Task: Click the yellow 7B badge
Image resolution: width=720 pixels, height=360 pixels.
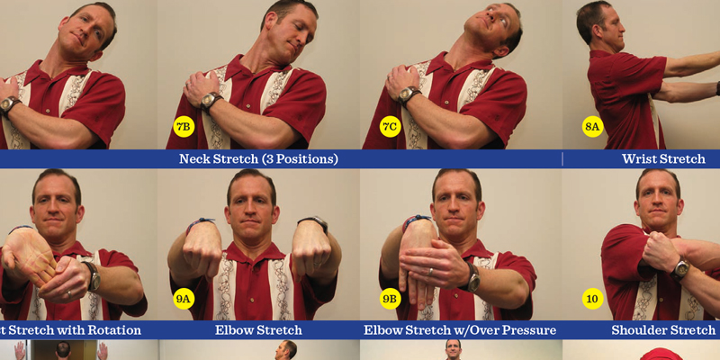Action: coord(184,127)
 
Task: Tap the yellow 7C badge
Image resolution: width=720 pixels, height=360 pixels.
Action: coord(389,127)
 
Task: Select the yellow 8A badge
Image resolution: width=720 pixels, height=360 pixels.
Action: coord(592,127)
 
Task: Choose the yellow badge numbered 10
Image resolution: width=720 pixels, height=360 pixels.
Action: coord(592,298)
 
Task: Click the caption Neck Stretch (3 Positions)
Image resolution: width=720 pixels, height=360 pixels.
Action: coord(258,159)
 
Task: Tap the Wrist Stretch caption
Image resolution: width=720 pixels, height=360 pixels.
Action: coord(663,159)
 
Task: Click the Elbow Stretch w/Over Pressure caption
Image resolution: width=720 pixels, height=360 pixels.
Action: coord(459,329)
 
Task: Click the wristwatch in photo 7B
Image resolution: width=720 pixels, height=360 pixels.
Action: coord(213,100)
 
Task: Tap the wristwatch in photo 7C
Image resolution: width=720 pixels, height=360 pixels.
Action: coord(409,94)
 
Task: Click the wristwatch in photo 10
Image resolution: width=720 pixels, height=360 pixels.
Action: coord(680,268)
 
